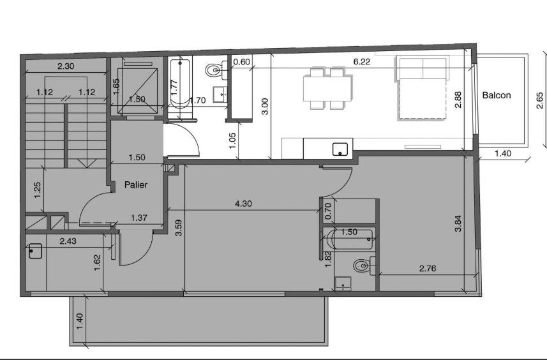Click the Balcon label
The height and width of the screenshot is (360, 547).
click(497, 95)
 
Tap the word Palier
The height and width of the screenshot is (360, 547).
click(136, 184)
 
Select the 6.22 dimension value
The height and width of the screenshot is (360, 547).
click(361, 62)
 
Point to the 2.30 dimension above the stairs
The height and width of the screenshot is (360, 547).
click(66, 66)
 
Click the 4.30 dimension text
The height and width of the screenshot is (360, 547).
click(243, 204)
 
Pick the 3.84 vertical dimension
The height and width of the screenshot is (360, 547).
click(458, 223)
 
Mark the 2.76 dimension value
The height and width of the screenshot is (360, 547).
click(428, 268)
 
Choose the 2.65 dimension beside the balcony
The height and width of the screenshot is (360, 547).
click(540, 100)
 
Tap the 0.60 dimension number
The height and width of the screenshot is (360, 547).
click(241, 62)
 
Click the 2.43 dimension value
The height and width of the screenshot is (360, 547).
click(68, 241)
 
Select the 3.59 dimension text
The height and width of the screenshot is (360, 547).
click(179, 228)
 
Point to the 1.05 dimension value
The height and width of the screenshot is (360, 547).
click(233, 140)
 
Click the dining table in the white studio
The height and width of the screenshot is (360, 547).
click(327, 89)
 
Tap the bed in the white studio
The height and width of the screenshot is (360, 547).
click(421, 89)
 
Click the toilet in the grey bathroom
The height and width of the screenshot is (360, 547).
click(364, 266)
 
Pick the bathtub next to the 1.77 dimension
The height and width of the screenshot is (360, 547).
click(180, 84)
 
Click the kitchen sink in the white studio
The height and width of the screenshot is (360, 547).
click(340, 149)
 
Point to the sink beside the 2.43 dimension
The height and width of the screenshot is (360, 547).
click(35, 251)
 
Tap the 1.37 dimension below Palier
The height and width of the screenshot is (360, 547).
click(139, 218)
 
